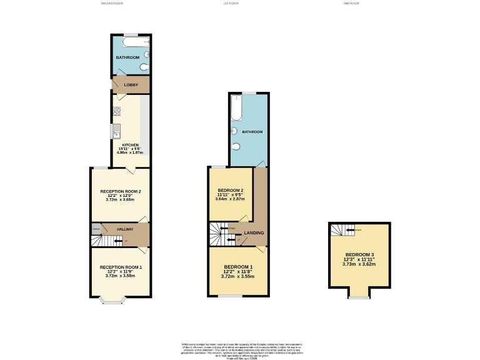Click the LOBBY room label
[x=131, y=84]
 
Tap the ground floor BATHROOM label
[x=127, y=57]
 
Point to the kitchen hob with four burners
[x=116, y=112]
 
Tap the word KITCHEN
[x=130, y=145]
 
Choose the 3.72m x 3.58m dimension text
[x=121, y=276]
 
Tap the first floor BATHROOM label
[x=252, y=132]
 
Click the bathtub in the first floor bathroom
[x=236, y=109]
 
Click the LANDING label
[x=254, y=233]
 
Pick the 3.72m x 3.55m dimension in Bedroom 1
[x=237, y=276]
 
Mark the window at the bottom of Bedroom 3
[x=358, y=297]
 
